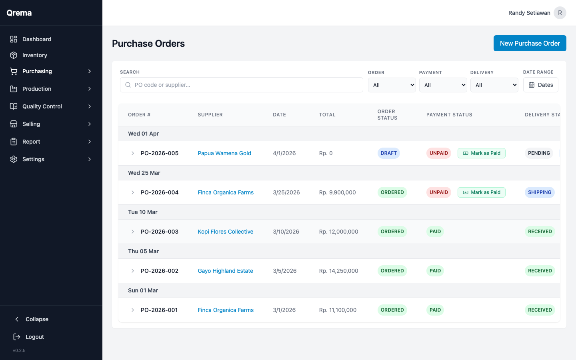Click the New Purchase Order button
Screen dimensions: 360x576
530,43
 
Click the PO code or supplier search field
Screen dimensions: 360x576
242,85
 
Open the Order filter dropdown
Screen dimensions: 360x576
392,85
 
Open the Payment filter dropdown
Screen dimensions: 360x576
443,85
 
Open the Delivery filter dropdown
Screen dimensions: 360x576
494,85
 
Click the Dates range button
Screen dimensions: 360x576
540,85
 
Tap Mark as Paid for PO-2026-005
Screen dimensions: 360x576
481,153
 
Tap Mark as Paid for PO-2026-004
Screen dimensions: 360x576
481,192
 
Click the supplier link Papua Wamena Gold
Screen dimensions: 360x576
224,153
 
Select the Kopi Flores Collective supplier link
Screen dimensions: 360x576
225,232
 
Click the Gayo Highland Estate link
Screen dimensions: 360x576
225,271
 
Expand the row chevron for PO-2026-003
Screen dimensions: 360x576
133,232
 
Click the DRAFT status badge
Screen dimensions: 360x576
388,153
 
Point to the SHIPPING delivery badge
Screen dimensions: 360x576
539,192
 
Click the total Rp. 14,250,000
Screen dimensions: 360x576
338,271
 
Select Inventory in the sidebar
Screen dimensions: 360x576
35,55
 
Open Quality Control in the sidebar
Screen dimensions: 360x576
42,106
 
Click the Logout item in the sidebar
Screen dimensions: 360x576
34,337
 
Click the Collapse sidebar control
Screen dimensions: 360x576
36,319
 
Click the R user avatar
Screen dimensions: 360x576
560,13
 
